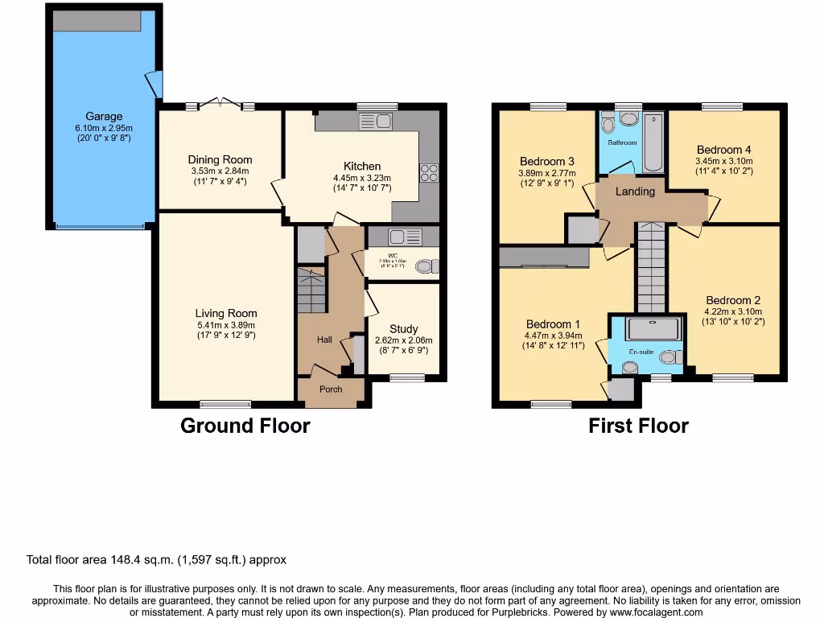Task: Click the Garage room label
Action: click(x=104, y=116)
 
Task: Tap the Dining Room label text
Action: click(x=220, y=159)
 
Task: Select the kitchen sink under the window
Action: click(x=375, y=122)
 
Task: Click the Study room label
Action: click(x=403, y=328)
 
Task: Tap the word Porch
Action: click(x=331, y=389)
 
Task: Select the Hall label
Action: click(x=324, y=340)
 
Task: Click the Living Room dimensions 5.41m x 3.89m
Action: click(x=226, y=325)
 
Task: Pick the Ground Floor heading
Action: click(x=245, y=426)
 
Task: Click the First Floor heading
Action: click(x=638, y=426)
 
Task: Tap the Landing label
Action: click(x=635, y=192)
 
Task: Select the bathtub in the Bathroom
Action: click(x=652, y=143)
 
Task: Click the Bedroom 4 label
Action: click(x=723, y=150)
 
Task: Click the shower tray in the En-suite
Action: click(x=653, y=328)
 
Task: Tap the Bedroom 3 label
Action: click(x=546, y=161)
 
